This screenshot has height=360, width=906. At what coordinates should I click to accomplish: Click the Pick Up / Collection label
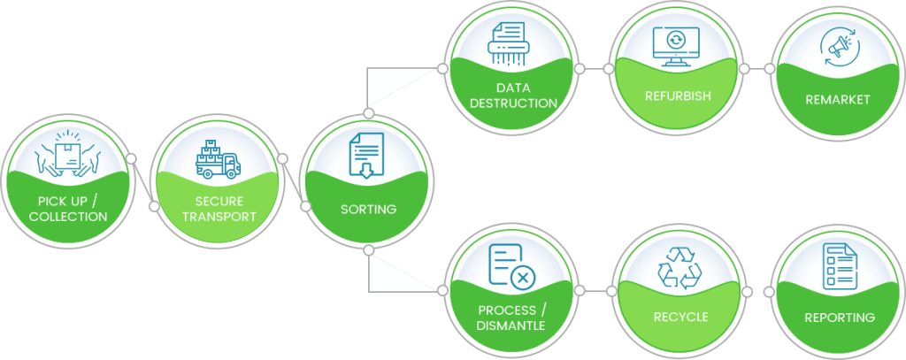point(67,209)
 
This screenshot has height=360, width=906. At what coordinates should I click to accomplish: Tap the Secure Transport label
point(219,209)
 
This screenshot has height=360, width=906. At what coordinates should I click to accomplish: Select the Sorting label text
point(368,210)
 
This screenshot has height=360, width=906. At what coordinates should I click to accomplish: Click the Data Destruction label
point(513,96)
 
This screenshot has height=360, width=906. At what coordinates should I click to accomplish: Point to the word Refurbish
point(678,96)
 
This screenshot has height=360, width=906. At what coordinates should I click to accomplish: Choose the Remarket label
point(837,99)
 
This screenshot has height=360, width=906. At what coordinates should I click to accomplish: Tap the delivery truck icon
point(218,159)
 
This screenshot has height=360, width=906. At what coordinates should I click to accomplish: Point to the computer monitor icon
point(675,46)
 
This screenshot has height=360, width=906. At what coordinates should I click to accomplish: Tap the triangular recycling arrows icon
point(679,266)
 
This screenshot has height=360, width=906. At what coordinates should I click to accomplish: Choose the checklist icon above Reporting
point(837,266)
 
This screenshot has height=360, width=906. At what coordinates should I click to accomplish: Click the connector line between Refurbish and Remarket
point(756,68)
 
